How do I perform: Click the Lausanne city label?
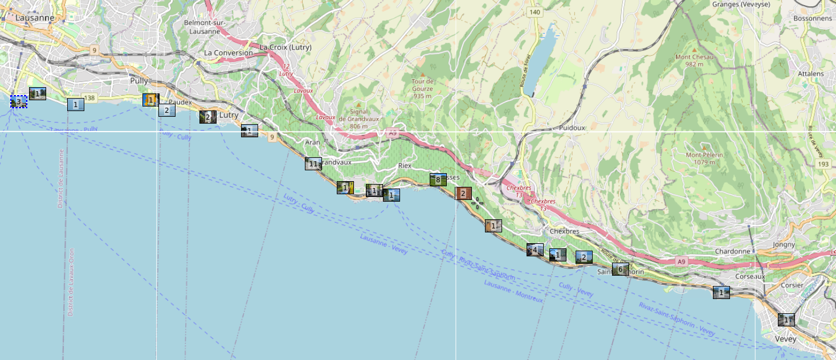pos(35,18)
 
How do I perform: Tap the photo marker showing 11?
pos(313,164)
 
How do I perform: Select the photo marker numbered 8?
pos(438,180)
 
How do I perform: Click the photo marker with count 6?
pos(620,269)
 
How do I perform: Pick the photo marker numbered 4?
pos(535,249)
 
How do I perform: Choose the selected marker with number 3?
pos(18,102)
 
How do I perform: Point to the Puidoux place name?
pos(572,128)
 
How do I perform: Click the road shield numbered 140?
pos(534,12)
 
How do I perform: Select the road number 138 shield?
pos(89,99)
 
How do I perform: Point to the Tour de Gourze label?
pos(422,85)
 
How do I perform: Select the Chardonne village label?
pos(733,251)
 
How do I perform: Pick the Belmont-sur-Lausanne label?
pos(205,27)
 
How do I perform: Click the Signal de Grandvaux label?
pos(358,115)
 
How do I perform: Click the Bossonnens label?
pos(812,18)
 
